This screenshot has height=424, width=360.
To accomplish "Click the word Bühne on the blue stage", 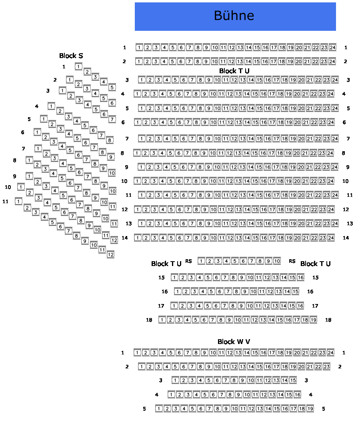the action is pos(234,16).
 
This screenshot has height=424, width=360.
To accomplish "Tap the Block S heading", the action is pos(71,56).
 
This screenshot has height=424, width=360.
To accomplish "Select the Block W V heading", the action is pos(234,342).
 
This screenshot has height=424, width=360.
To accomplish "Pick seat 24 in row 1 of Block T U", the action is pos(332,48).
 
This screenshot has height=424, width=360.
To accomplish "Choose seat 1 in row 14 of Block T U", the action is pos(138,238).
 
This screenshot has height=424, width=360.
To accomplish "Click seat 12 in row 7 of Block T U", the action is pos(234,139).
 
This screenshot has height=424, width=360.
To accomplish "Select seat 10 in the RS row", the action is pos(277,261).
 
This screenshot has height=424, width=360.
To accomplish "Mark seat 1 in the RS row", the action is pos(201,261).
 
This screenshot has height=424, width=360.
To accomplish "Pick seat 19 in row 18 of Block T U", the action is pos(313,320).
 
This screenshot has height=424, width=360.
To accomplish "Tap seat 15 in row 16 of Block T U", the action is pos(295,292).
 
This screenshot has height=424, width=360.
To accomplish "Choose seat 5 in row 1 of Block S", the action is pos(112,87).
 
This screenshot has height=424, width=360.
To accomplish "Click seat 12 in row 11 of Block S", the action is pos(110,254).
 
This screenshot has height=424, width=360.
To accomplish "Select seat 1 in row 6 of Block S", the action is pos(37,132).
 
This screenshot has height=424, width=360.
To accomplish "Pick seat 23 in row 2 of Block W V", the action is pos(326,367).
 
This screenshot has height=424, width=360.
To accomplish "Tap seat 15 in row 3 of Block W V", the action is pos(293,380).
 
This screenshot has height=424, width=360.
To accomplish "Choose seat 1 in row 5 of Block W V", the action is pos(159,408).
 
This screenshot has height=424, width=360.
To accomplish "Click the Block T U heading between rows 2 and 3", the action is pos(234,71).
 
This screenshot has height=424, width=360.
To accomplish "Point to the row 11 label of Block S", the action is pos(6,202).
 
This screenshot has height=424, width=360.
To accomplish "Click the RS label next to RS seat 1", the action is pos(188,261).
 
